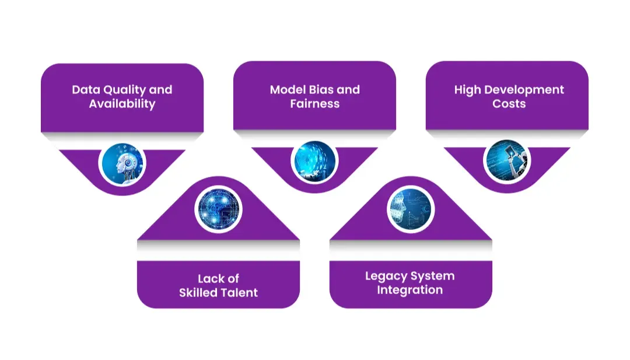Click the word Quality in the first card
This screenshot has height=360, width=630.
pos(122,90)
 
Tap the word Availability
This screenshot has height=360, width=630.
pos(122,104)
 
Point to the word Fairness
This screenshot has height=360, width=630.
pos(314,104)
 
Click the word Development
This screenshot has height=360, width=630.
pos(523,90)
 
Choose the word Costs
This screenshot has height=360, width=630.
pos(509,104)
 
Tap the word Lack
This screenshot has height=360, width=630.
pos(210,278)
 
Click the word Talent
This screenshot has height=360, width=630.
pos(239,292)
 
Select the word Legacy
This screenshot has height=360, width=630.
pos(386,276)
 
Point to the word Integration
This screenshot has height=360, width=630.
pos(409,290)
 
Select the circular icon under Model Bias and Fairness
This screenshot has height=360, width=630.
pos(314,159)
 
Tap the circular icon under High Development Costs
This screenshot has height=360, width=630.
pos(506,159)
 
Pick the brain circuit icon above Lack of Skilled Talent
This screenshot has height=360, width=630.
pos(218,208)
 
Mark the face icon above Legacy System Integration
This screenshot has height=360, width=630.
pos(411,208)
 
